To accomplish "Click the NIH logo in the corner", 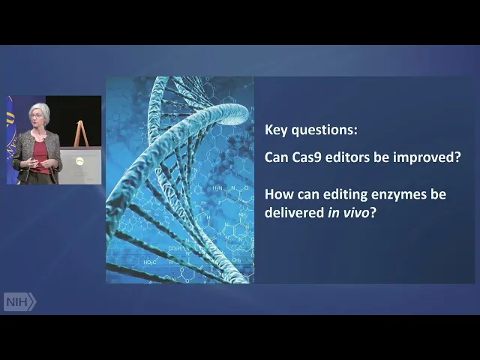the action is click(x=20, y=301).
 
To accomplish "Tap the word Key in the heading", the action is click(x=276, y=130).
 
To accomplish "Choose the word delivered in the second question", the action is click(x=294, y=212).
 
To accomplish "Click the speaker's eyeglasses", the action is click(x=36, y=116).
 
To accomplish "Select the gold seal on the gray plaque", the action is click(x=79, y=160).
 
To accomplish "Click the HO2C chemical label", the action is click(x=150, y=262).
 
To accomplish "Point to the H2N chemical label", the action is click(x=217, y=188).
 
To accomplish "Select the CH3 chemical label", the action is click(x=236, y=260).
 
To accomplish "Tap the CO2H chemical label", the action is click(x=175, y=248).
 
